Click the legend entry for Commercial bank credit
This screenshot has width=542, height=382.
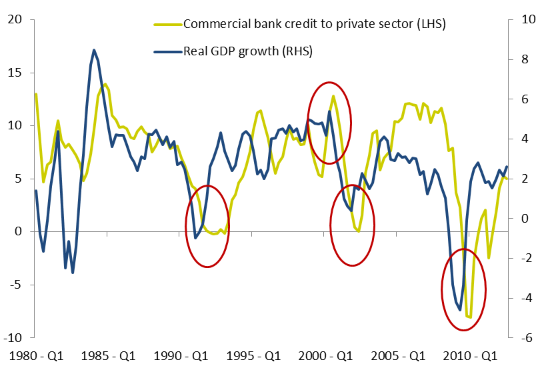pos(313,24)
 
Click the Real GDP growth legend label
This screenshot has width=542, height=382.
pos(247,51)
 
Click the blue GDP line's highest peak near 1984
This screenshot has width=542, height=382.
pos(94,50)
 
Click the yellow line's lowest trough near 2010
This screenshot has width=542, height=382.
pos(470,317)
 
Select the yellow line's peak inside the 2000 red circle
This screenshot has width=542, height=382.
pos(333,96)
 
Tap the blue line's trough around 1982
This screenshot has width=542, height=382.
pos(73,273)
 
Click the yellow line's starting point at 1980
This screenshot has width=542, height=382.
pos(36,94)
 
